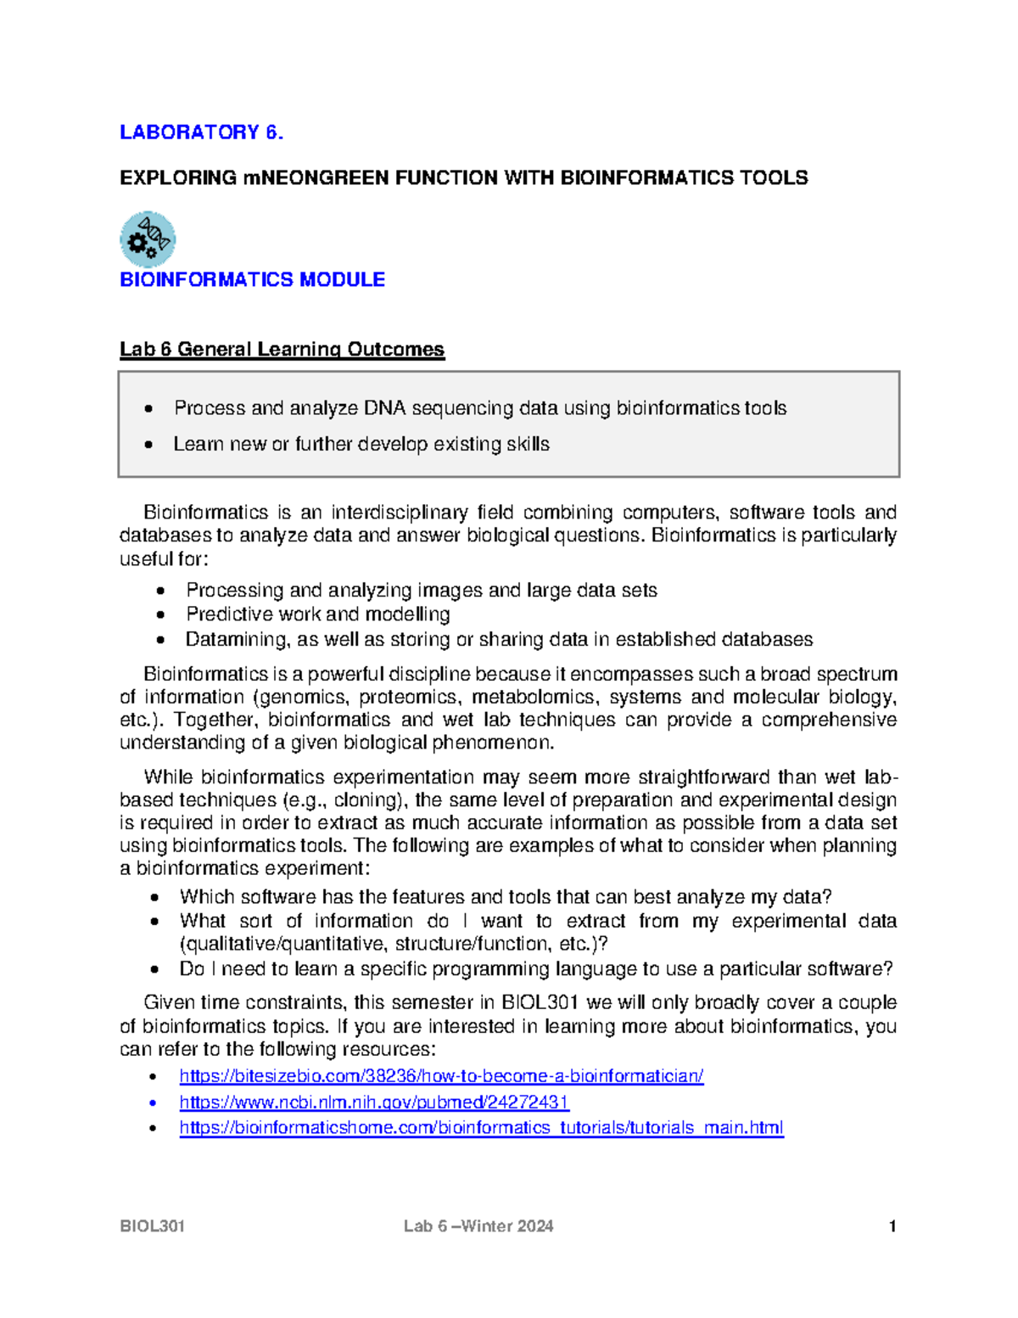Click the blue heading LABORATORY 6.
(201, 132)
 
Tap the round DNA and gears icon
(148, 239)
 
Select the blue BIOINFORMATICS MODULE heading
(252, 280)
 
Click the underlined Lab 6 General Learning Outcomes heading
(282, 350)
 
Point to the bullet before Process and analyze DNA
(149, 409)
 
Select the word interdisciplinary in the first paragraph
(399, 513)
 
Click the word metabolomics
(534, 698)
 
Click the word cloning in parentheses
(365, 800)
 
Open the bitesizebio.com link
(441, 1077)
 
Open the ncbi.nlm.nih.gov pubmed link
(374, 1102)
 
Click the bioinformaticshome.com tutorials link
(481, 1128)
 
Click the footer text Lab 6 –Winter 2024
(478, 1226)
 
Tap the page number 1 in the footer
(892, 1226)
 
